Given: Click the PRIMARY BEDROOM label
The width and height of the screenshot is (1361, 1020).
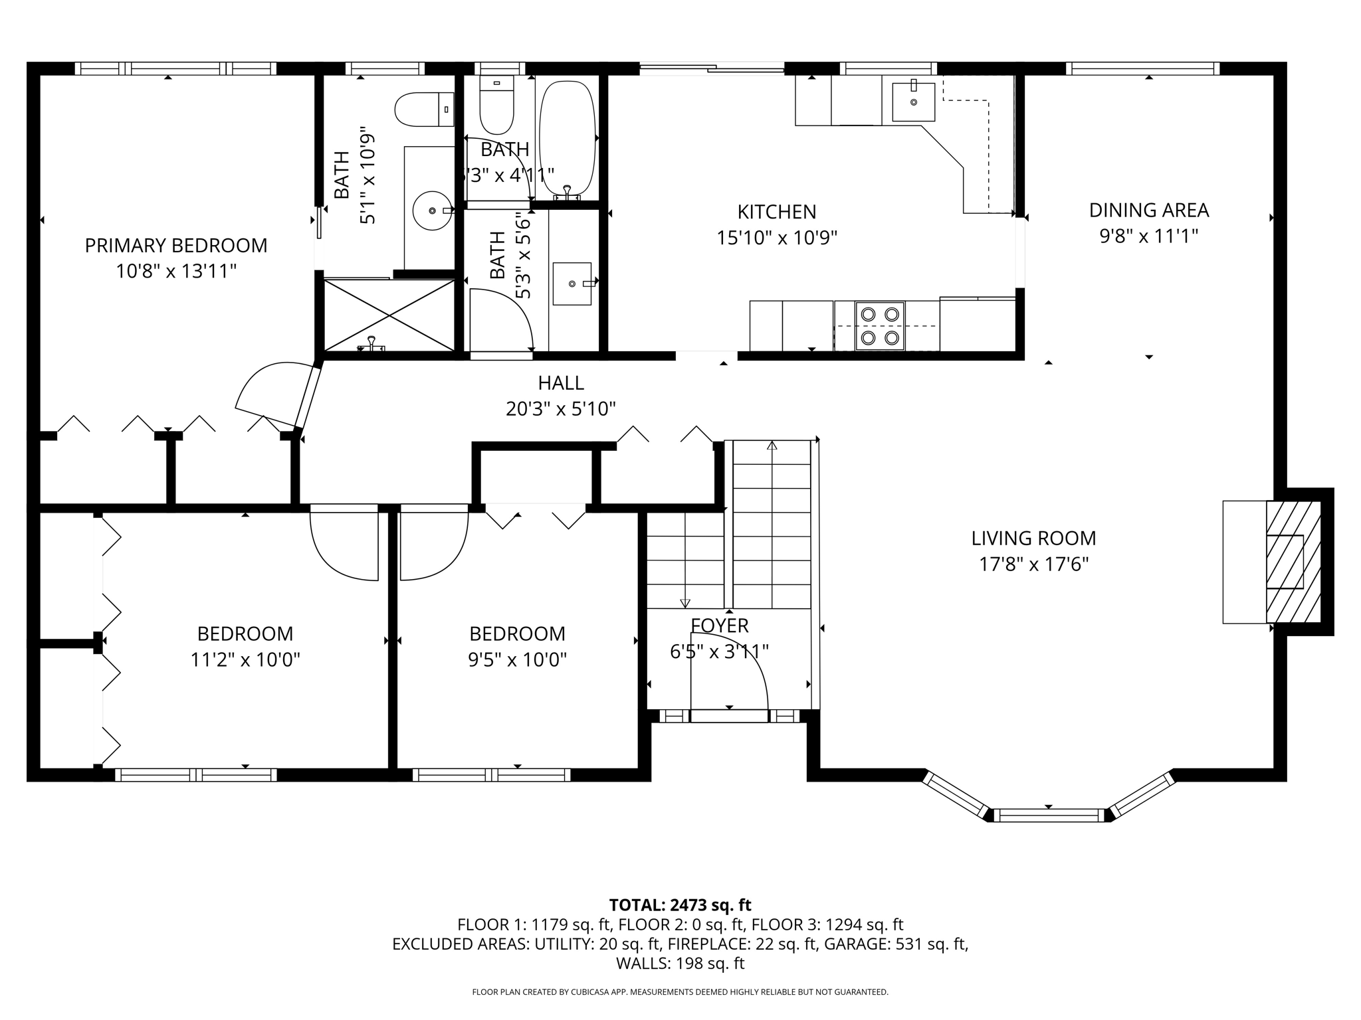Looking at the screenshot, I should pos(176,246).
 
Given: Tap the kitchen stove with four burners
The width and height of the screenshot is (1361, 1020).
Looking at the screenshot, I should pos(880,326).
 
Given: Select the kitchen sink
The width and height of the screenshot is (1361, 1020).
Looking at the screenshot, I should pos(914,102).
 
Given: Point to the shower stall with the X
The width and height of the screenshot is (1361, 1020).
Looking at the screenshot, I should pos(389,315).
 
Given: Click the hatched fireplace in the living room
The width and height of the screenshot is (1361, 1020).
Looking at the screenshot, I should pos(1292,562).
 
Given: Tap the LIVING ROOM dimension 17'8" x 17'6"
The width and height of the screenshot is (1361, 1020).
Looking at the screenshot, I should pos(1033,564).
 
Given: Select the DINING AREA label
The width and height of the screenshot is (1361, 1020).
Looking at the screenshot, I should pos(1148,211).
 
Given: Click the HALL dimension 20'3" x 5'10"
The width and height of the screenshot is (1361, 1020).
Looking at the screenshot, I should pos(560,409).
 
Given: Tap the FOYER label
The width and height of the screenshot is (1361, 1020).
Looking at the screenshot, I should pos(719,626).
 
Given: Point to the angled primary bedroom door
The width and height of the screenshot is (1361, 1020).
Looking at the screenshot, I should pos(308,396).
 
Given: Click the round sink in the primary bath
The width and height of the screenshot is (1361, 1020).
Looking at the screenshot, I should pos(432,211).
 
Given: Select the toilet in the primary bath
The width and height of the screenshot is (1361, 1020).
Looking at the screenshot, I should pos(423,110).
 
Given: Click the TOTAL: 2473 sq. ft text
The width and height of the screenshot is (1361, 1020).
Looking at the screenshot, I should pos(680,905).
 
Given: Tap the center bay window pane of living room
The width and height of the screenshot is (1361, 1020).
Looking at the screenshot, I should pos(1049,815).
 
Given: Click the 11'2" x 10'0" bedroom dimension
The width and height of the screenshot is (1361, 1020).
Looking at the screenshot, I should pos(245,660).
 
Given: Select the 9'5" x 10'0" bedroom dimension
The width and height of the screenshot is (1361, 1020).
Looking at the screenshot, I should pos(517,660).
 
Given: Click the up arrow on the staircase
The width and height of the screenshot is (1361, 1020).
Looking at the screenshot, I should pos(772,446).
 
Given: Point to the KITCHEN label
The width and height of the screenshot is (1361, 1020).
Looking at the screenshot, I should pos(776,212).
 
